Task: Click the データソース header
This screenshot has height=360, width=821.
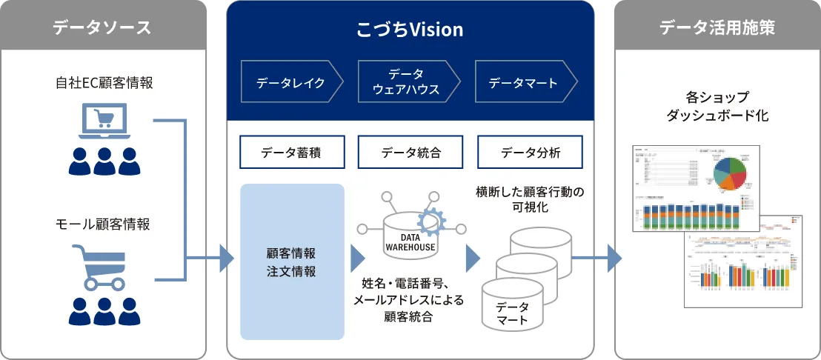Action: pos(102,28)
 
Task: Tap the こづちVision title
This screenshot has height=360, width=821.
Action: pos(410,30)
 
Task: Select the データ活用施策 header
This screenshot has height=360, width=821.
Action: pos(717,28)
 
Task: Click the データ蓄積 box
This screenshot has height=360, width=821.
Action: pos(292,153)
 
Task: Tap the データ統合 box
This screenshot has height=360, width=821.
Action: pos(410,153)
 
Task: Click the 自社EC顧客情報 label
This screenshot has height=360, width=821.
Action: pos(104,83)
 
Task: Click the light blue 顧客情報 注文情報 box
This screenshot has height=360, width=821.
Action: pos(292,261)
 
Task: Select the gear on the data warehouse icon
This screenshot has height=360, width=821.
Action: pos(431,220)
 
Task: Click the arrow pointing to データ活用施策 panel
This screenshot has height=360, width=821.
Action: pos(611,259)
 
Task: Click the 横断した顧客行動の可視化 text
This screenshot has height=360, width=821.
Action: pos(530,200)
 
